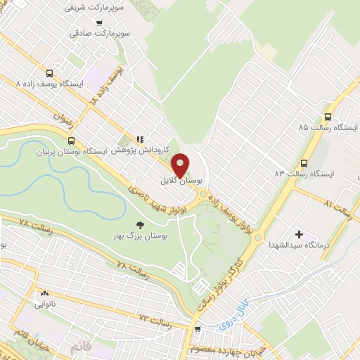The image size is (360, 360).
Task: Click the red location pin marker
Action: pyautogui.click(x=180, y=165)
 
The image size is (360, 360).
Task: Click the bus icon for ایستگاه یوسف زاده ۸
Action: pyautogui.click(x=49, y=72)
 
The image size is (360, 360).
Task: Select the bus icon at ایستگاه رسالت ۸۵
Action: pyautogui.click(x=328, y=117)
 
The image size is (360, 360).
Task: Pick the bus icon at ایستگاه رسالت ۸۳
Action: pyautogui.click(x=304, y=161)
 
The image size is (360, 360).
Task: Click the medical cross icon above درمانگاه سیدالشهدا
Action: pyautogui.click(x=300, y=234)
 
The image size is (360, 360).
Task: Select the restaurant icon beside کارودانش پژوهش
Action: pyautogui.click(x=141, y=139)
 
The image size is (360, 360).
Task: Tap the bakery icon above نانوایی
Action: pyautogui.click(x=45, y=294)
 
